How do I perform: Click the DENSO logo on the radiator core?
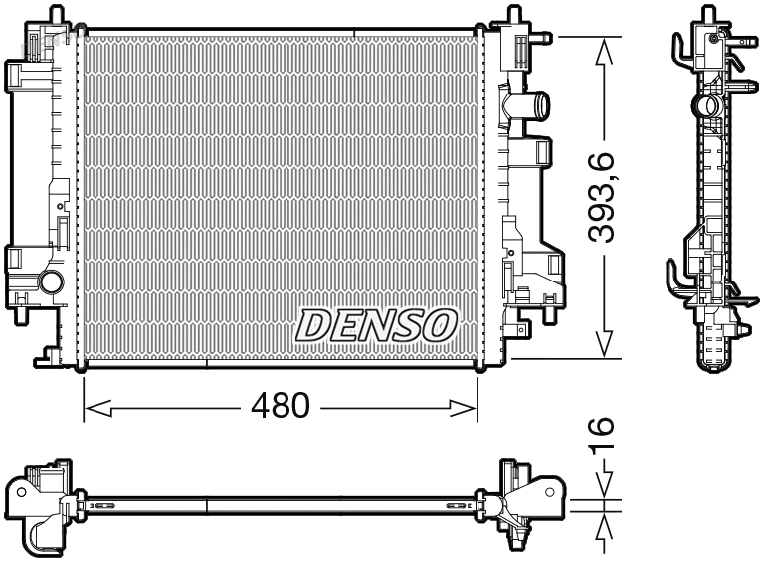point(376,324)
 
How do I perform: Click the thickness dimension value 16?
point(602,439)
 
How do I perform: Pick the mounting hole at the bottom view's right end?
point(547,490)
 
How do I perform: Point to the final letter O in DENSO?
point(440,324)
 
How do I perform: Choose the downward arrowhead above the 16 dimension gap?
point(602,487)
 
